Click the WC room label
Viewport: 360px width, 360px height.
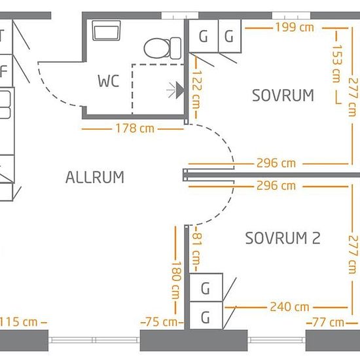point(109,81)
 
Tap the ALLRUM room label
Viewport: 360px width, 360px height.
point(95,177)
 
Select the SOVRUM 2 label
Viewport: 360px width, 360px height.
point(283,238)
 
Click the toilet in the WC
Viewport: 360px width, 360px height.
point(162,48)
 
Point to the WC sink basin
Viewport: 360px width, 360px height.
point(106,31)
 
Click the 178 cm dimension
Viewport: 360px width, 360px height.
point(135,128)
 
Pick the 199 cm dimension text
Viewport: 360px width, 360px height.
point(295,27)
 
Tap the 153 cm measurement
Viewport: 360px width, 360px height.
point(337,63)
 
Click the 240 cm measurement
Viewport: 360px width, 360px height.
point(289,307)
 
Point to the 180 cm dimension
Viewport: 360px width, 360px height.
point(176,280)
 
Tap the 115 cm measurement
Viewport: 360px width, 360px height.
point(18,322)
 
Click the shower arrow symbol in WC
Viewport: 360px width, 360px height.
point(175,90)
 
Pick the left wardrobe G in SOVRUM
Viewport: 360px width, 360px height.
point(203,36)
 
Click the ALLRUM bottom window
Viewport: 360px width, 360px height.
point(94,340)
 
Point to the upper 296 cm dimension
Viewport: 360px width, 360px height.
point(276,163)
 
